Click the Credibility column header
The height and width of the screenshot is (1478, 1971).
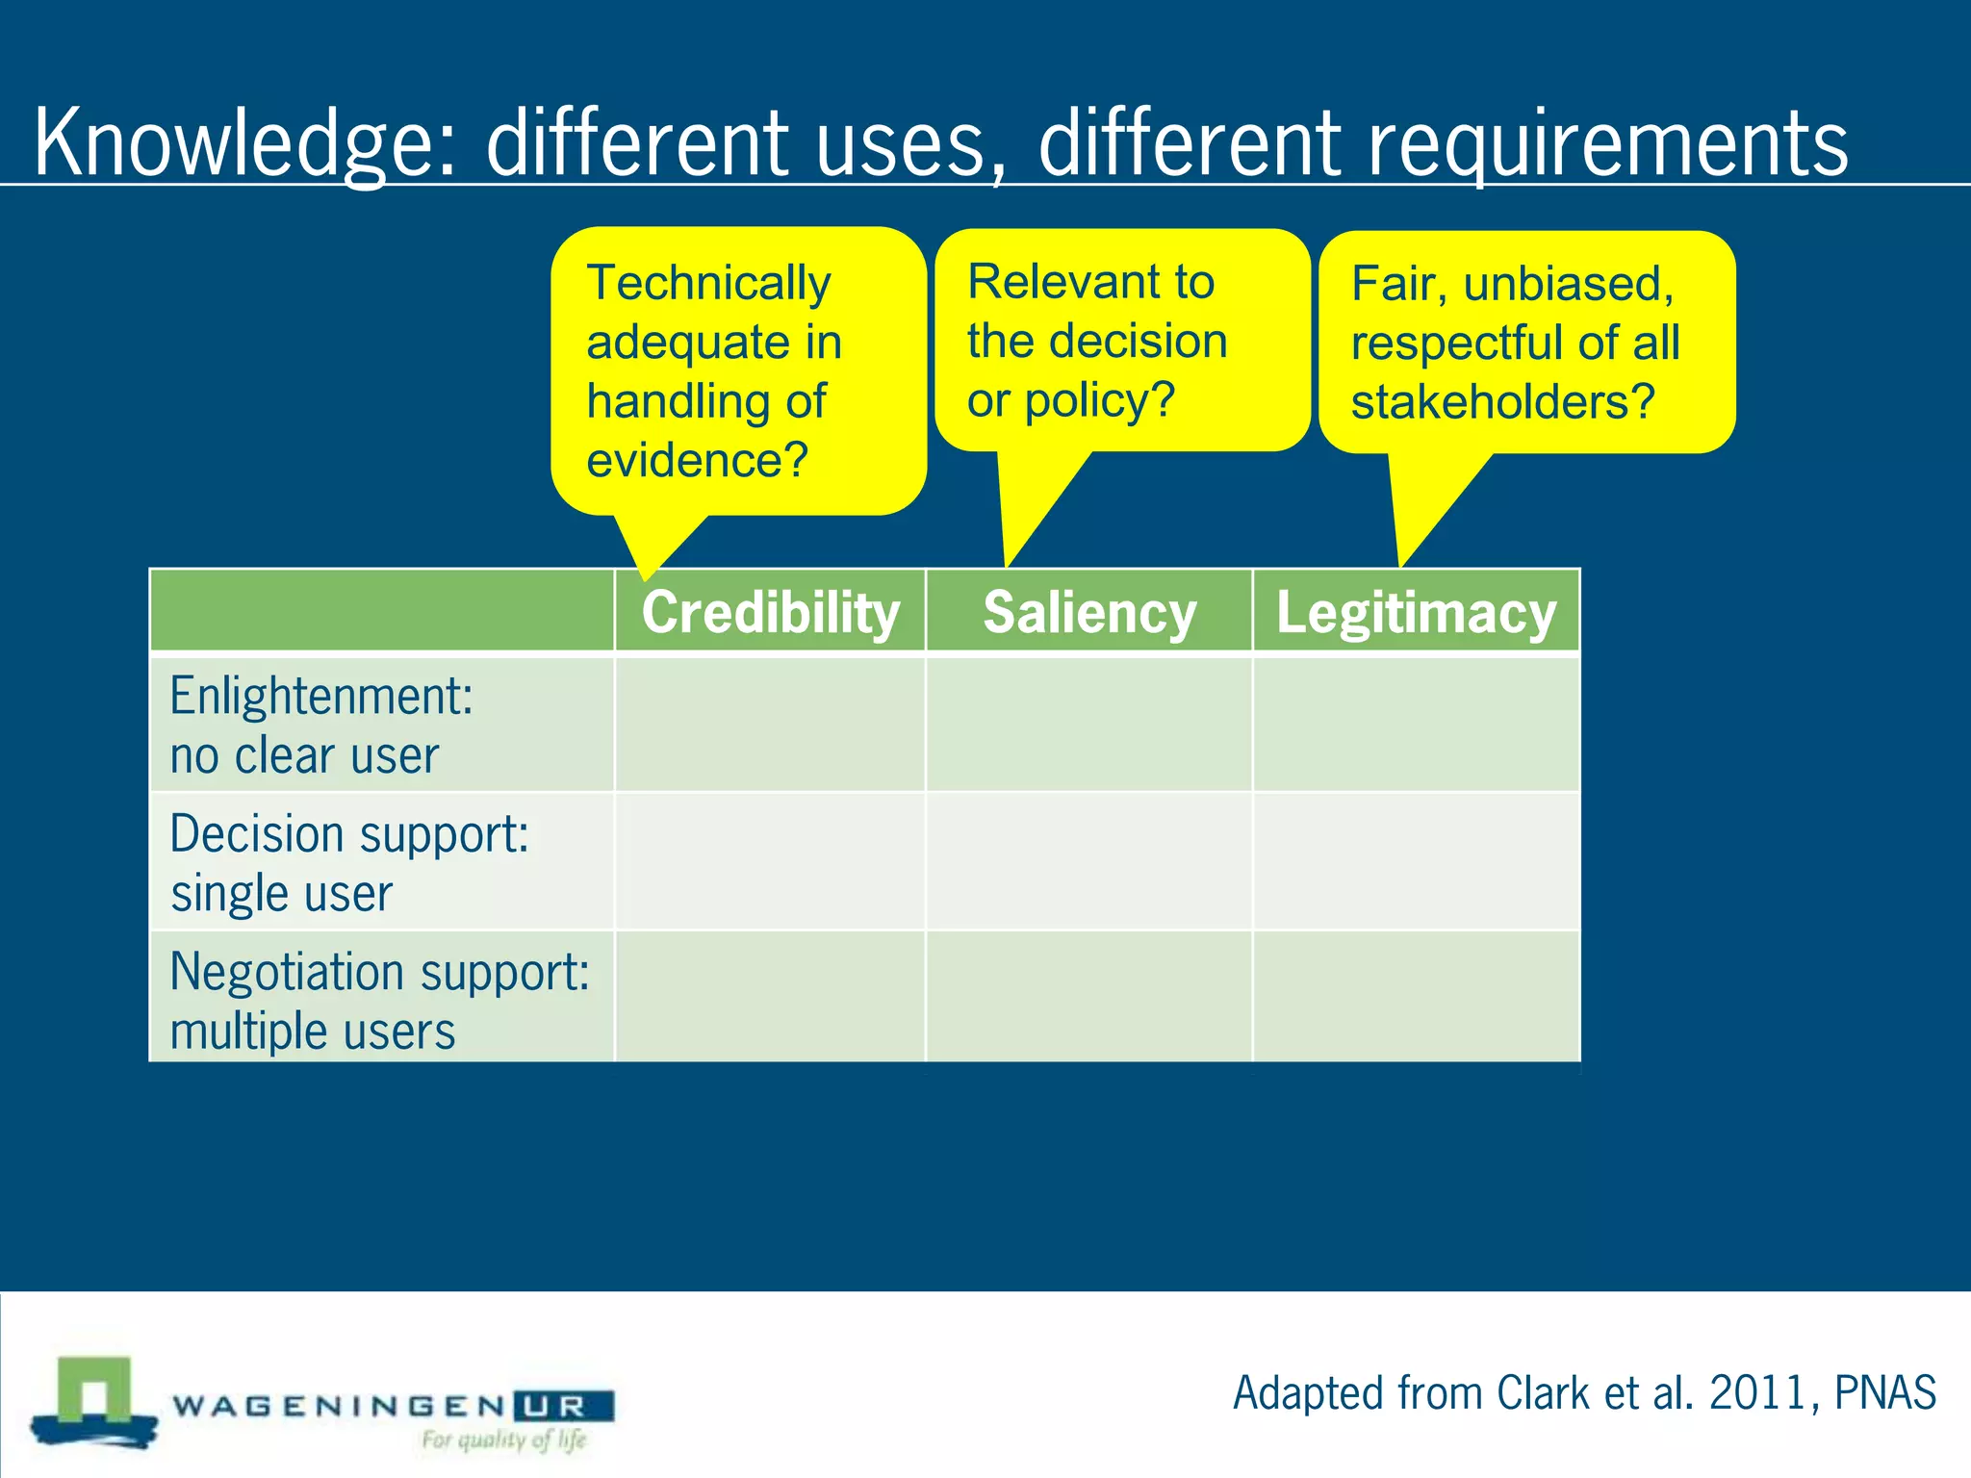pos(770,613)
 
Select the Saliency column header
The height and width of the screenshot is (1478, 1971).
pos(1089,613)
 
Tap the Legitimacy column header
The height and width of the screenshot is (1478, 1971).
pos(1416,613)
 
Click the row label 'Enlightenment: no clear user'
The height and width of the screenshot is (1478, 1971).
pos(321,725)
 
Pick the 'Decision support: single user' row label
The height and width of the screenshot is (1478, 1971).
pos(348,862)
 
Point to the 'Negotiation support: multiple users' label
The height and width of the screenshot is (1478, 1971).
pos(379,1000)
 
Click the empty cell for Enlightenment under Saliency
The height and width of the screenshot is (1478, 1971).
pos(1089,725)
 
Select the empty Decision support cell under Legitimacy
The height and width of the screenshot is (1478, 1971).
pos(1416,862)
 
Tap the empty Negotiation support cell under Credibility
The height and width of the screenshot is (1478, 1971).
pos(770,998)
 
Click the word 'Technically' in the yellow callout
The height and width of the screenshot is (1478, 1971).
pos(708,283)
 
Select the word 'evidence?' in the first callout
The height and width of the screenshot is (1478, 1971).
pos(697,460)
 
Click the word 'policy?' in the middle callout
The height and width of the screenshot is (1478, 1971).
pos(1099,400)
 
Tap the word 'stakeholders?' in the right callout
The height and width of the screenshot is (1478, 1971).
pos(1502,402)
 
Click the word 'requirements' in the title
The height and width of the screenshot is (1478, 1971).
pos(1607,144)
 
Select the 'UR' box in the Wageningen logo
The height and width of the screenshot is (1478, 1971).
pos(564,1407)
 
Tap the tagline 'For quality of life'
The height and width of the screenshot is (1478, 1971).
pos(503,1440)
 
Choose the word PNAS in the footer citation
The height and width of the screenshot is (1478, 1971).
pos(1884,1392)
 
